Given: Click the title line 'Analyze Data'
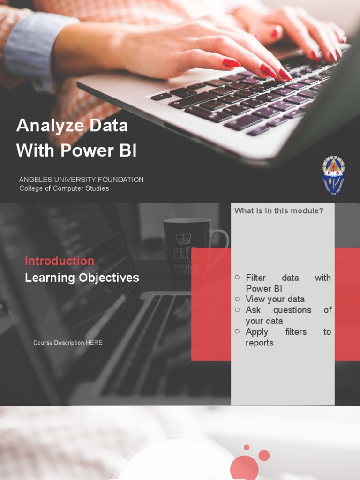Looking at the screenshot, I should coord(72,126).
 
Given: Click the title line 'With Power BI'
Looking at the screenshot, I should coord(76,151).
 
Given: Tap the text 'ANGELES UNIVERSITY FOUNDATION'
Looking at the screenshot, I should coord(81,180).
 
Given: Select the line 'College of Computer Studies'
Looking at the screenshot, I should coord(64,188).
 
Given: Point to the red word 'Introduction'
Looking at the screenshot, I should coord(60,261).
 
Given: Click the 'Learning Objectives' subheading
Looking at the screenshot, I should coord(82,277).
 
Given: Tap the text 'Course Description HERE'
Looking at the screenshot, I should coord(67,343).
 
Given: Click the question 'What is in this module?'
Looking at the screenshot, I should coord(279,211).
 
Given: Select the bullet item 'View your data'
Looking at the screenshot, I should coord(275,299).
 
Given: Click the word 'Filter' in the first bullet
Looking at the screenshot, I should coord(255,277).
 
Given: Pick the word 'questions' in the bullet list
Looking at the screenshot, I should coord(292,310).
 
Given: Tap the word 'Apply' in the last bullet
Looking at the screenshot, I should coord(257,331).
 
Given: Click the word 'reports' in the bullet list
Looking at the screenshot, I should coord(259,343).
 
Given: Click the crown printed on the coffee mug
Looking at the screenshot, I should coord(183,237).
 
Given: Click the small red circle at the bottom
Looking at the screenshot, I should coord(264,455).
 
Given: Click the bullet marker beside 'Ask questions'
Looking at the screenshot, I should coord(238,310).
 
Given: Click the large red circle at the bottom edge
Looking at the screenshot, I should coord(244,468).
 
